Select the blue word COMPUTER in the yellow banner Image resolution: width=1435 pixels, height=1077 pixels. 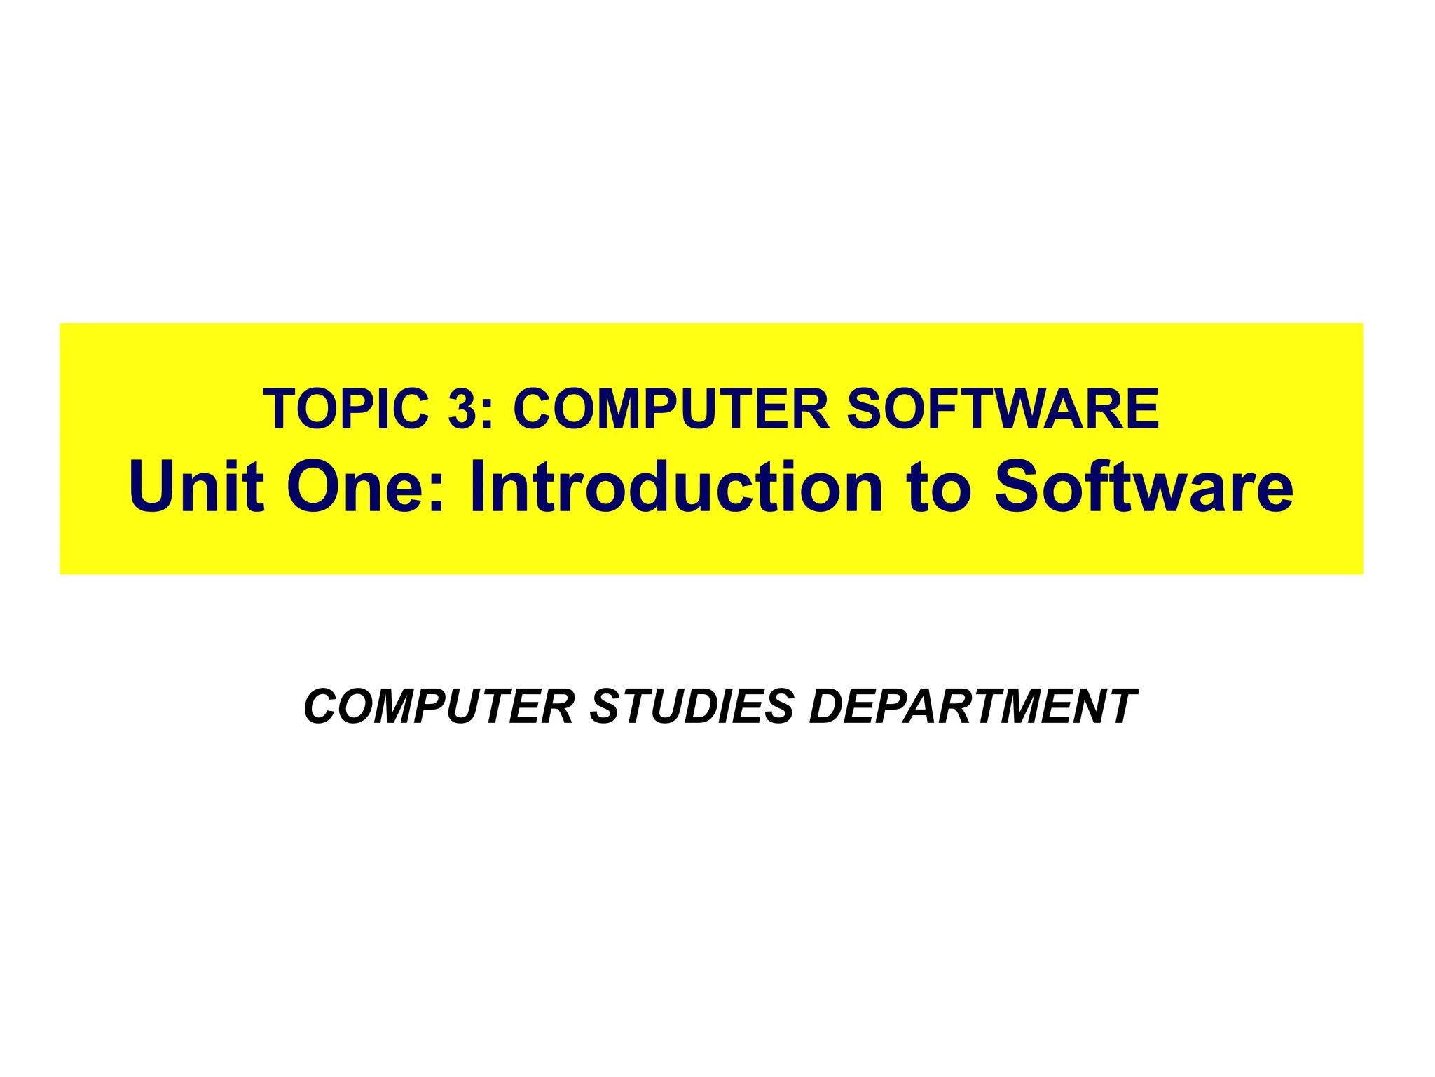point(671,409)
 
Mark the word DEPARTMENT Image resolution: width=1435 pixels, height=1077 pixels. point(973,706)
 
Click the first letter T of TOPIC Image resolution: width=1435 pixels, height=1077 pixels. point(278,409)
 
